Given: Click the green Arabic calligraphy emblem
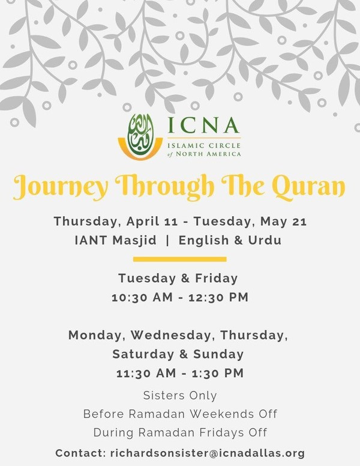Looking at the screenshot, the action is [x=140, y=134].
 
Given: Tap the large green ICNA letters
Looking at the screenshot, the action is [x=203, y=125].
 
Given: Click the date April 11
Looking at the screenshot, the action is [x=152, y=222].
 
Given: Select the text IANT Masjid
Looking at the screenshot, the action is [x=116, y=240].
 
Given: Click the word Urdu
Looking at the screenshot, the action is [x=265, y=240].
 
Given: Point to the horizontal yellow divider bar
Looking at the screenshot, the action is [x=180, y=259].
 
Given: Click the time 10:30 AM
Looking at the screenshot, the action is [x=142, y=297].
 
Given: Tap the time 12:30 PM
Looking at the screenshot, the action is [x=218, y=297].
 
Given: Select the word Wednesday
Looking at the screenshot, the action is [x=172, y=336].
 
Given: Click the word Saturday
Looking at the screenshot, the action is [x=143, y=354].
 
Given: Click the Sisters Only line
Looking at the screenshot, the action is [x=180, y=396].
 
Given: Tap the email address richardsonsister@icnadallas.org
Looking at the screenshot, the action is [x=208, y=453].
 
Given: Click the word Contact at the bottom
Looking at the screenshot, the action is [x=80, y=453].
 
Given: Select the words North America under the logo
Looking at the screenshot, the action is [x=208, y=154].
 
